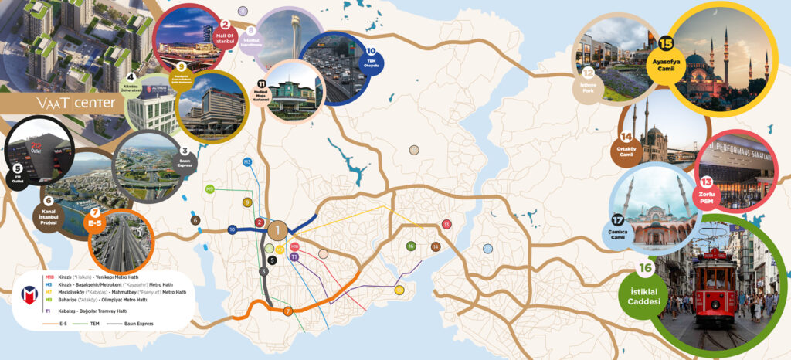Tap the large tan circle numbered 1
click(278, 229)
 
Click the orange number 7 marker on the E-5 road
click(287, 311)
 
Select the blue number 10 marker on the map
click(232, 229)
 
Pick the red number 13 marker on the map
click(446, 224)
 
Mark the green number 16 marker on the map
click(411, 246)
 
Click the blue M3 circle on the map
click(248, 162)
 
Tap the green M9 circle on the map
click(209, 188)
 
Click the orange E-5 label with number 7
click(96, 221)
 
